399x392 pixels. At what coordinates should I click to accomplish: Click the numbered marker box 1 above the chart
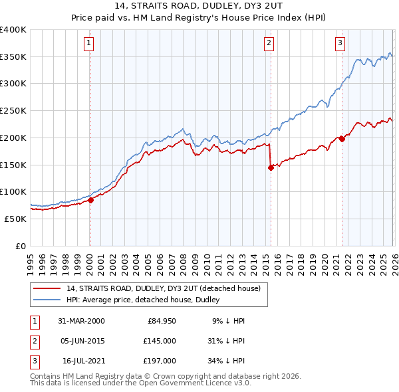pyautogui.click(x=89, y=44)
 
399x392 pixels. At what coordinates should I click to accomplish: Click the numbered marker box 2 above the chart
pyautogui.click(x=269, y=44)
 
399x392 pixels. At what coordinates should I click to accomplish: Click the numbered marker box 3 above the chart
pyautogui.click(x=340, y=44)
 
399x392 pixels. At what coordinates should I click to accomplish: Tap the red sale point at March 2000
pyautogui.click(x=90, y=200)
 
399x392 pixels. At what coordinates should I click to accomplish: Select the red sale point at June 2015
pyautogui.click(x=271, y=167)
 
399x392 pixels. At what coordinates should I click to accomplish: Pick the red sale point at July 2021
pyautogui.click(x=342, y=139)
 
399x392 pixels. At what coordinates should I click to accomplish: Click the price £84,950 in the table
pyautogui.click(x=159, y=321)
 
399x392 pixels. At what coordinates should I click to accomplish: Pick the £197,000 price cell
pyautogui.click(x=159, y=361)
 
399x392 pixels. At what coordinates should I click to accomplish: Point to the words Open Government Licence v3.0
pyautogui.click(x=198, y=384)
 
